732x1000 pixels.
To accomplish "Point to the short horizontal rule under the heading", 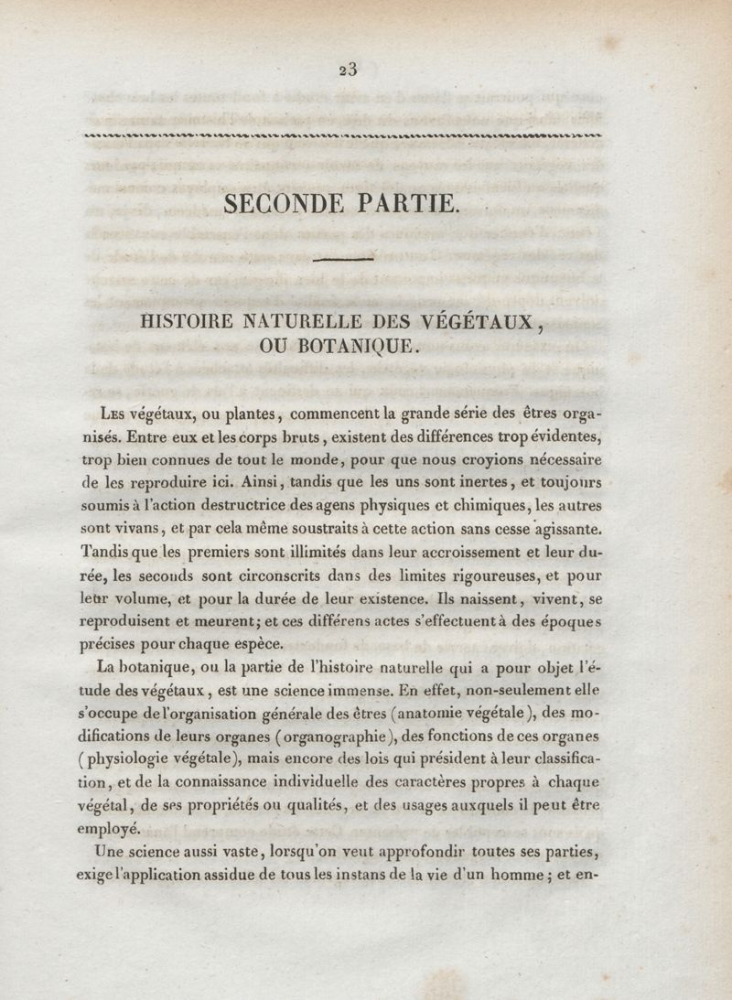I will click(343, 261).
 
